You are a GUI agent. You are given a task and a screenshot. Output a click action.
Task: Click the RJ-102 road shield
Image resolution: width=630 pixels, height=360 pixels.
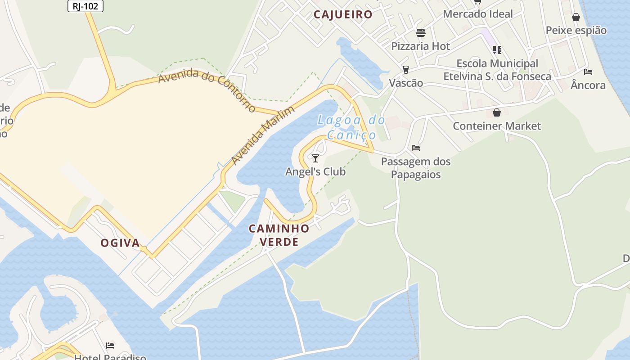click(x=85, y=6)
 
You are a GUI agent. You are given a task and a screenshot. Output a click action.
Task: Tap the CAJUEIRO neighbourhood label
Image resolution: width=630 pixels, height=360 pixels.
click(x=343, y=14)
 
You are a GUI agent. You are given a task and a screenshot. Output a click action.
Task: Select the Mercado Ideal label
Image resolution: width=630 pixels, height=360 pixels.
click(x=477, y=14)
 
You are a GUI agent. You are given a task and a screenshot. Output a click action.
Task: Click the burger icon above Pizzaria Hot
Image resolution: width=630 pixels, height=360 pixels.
click(x=421, y=33)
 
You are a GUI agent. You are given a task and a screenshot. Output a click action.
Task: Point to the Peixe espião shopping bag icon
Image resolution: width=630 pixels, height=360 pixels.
click(x=576, y=18)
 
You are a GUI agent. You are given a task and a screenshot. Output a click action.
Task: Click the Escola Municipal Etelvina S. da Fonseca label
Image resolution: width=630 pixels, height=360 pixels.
click(x=497, y=70)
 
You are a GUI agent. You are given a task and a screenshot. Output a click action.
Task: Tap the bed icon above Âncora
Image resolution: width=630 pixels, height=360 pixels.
click(x=588, y=72)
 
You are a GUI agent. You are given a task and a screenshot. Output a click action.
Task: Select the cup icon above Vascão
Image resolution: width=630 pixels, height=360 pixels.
click(x=406, y=70)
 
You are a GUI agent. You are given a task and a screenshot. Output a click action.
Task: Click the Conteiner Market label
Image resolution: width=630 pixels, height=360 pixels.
click(x=497, y=126)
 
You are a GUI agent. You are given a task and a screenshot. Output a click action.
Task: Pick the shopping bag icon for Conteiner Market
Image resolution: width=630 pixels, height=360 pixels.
click(x=497, y=112)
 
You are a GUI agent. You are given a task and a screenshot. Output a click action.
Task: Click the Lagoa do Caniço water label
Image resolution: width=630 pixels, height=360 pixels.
click(x=351, y=127)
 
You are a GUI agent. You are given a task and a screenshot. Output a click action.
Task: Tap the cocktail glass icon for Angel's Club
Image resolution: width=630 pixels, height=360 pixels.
click(x=315, y=158)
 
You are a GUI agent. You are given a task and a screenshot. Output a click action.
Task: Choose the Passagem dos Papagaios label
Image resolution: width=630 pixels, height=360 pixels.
click(x=416, y=168)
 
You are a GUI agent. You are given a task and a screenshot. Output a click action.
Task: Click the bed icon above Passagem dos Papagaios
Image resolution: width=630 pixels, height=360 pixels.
click(x=416, y=148)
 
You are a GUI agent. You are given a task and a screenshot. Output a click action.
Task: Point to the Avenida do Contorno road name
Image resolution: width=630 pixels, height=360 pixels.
click(x=207, y=90)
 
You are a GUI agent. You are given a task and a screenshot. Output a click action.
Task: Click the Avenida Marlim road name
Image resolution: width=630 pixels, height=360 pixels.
click(x=263, y=135)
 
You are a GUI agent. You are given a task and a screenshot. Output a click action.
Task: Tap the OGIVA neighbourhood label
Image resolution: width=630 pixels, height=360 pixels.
click(x=120, y=243)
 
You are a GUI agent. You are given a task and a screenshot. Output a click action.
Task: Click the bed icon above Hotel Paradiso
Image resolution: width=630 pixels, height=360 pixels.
click(x=110, y=346)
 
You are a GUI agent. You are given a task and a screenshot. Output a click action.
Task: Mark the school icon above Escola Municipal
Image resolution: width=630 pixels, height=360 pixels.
click(x=497, y=49)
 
